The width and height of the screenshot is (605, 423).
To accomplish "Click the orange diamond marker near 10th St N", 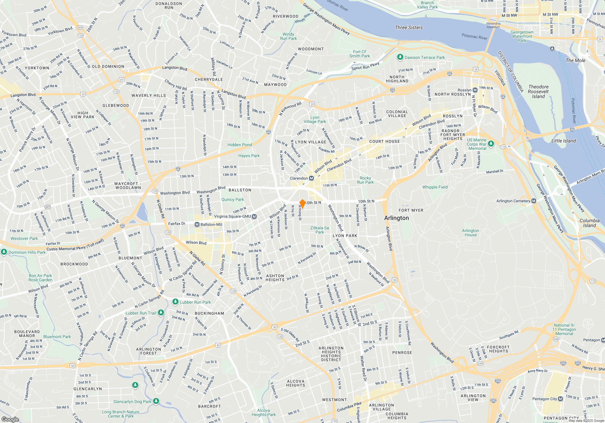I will (302, 204).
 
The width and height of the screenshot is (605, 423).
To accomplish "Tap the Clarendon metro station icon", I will (311, 178).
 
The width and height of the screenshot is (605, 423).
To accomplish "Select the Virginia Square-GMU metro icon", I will (254, 216).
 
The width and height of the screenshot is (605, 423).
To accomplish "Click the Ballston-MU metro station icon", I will (197, 224).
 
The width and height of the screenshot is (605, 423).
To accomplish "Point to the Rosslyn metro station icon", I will (475, 90).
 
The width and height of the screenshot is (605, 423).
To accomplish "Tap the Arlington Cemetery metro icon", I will (534, 201).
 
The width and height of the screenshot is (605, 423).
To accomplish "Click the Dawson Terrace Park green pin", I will (400, 57).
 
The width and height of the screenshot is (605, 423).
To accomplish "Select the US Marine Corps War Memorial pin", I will (491, 144).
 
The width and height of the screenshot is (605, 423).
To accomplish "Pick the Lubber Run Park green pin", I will (175, 302).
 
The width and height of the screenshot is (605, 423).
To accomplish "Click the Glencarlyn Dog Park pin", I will (156, 401).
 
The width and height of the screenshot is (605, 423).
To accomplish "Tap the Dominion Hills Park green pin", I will (4, 252).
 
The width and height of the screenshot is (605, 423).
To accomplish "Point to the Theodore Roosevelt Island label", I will (538, 92).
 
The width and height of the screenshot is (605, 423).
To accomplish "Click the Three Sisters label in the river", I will (409, 27).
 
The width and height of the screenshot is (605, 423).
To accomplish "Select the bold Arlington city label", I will (396, 218).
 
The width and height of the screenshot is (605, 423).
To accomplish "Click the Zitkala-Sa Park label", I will (319, 230).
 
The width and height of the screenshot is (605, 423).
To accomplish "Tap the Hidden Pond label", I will (240, 145).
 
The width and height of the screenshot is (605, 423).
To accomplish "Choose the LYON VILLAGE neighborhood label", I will (311, 142).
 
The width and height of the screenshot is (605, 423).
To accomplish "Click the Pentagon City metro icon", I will (560, 399).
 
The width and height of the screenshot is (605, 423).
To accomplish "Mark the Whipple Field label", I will (435, 187).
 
